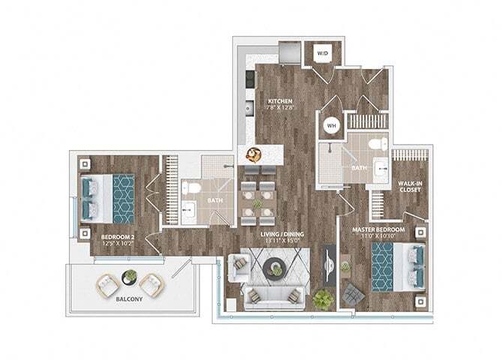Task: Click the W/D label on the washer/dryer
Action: click(x=322, y=54)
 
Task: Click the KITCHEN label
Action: click(x=279, y=101)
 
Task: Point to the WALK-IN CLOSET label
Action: click(x=408, y=185)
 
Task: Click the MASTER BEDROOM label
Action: click(x=379, y=229)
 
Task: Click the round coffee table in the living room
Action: click(x=274, y=267)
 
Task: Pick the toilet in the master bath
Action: click(x=380, y=142)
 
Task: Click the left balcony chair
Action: click(x=106, y=284)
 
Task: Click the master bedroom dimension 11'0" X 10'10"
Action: click(x=379, y=237)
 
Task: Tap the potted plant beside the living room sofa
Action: click(x=322, y=298)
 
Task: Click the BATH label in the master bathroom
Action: click(x=357, y=168)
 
